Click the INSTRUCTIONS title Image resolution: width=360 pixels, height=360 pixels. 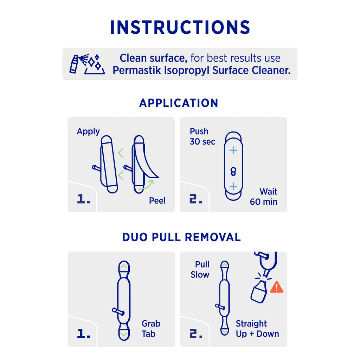click(x=180, y=27)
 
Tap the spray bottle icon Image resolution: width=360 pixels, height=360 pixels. click(x=74, y=64)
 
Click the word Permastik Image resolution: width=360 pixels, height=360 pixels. click(x=137, y=70)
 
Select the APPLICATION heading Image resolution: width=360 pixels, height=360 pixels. click(x=179, y=103)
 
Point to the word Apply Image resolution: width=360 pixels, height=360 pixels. click(x=88, y=131)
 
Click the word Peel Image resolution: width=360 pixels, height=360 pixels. click(x=157, y=201)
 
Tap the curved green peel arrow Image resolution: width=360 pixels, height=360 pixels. click(x=147, y=185)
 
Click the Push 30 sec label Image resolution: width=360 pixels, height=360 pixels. click(x=202, y=136)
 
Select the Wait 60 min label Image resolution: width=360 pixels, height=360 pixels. click(x=264, y=197)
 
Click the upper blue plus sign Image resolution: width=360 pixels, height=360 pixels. click(x=233, y=150)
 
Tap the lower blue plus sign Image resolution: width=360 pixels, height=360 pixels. click(x=233, y=186)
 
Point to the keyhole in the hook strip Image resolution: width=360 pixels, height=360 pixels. click(x=233, y=171)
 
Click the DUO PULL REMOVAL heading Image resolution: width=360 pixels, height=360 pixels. click(x=181, y=237)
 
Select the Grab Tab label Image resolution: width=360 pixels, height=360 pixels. click(x=151, y=329)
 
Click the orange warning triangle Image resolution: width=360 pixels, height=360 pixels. click(x=277, y=287)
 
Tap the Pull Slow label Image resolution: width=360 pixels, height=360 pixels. click(x=200, y=270)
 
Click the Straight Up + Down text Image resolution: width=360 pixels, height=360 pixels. click(x=257, y=329)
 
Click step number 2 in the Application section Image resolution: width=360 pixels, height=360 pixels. click(x=196, y=199)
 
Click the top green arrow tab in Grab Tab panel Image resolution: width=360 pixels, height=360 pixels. click(x=124, y=266)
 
